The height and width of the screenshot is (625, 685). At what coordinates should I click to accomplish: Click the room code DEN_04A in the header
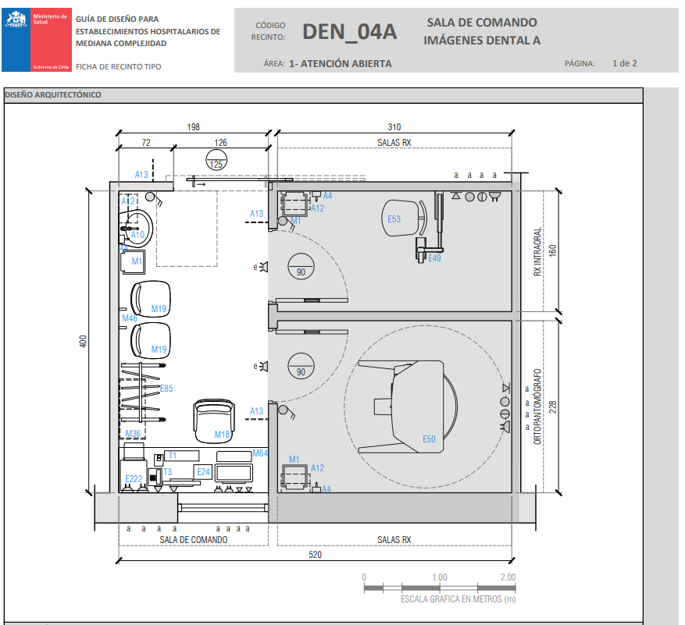[349, 32]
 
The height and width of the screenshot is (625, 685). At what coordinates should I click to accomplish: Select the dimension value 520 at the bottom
[316, 554]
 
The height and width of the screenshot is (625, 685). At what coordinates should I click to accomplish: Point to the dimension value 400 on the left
[83, 342]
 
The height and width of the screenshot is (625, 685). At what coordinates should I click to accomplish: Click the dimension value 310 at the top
[394, 127]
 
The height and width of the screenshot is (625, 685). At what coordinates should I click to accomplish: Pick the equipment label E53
[394, 219]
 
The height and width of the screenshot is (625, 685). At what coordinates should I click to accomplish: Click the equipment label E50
[429, 439]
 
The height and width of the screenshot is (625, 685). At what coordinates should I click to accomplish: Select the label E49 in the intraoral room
[434, 257]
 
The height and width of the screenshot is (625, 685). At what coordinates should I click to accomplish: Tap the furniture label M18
[222, 435]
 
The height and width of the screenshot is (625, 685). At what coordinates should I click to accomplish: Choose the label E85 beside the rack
[166, 388]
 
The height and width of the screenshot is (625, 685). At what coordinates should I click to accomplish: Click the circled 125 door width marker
[216, 164]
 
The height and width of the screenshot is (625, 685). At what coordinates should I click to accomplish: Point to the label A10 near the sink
[137, 235]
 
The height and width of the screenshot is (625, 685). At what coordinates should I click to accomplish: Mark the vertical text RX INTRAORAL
[537, 252]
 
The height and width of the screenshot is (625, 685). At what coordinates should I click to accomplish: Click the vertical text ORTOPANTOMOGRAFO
[537, 407]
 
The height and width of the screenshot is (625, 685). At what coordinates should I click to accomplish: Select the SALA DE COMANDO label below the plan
[194, 540]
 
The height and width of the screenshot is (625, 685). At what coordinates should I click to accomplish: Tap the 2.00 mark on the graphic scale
[507, 577]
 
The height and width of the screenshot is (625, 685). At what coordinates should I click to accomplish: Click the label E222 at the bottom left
[134, 478]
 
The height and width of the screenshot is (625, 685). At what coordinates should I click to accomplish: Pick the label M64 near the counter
[260, 453]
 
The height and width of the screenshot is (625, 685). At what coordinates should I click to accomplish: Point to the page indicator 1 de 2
[624, 63]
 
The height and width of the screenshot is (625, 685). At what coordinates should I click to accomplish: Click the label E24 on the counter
[203, 472]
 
